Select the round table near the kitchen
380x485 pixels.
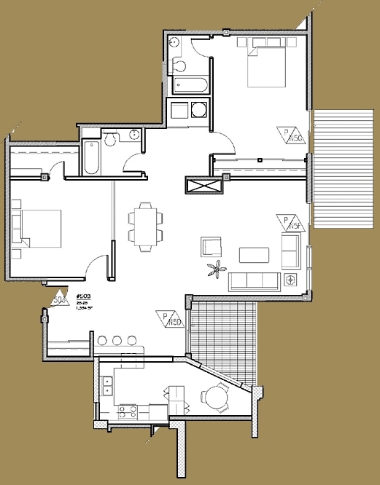coord(216,398)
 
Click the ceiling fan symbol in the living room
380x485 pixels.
coord(215,271)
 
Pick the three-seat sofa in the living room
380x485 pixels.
coord(253,281)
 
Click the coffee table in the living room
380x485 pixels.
coord(255,254)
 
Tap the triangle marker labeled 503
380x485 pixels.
coord(60,299)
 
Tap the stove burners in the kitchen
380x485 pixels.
coord(128,412)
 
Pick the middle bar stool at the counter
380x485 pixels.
coord(116,340)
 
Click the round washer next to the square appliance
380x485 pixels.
coord(198,111)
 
